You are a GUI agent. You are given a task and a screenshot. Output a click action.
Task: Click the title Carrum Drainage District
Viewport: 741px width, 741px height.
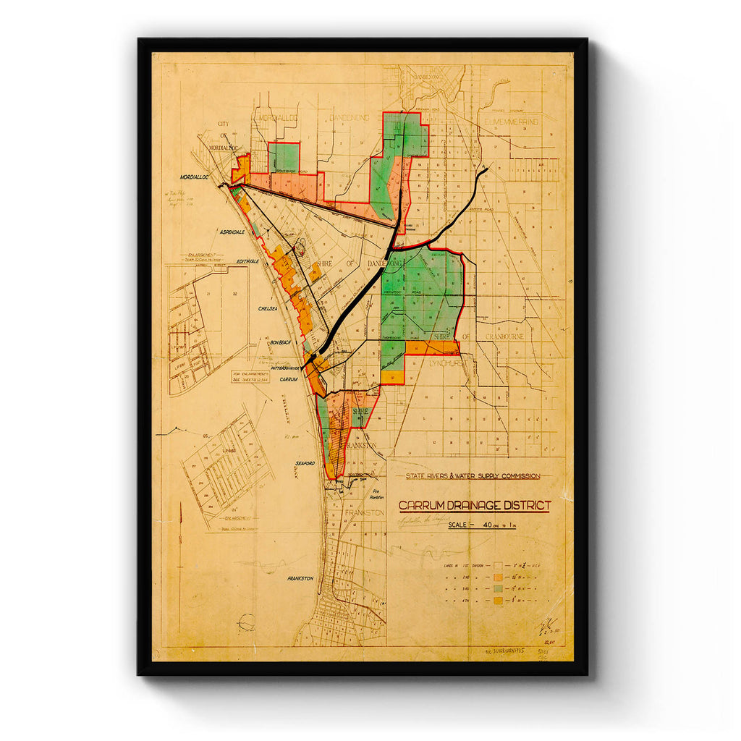(x=475, y=505)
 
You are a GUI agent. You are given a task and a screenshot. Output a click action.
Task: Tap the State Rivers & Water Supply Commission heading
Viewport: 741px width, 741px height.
(x=473, y=475)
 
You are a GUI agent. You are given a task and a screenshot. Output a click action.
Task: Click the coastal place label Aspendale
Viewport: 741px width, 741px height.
(x=232, y=232)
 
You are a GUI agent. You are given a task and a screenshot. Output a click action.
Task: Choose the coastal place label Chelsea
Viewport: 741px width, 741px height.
(x=268, y=308)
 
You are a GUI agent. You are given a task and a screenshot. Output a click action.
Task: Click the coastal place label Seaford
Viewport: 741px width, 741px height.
(x=303, y=464)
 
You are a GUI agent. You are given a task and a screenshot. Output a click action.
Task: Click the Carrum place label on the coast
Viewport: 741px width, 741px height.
(x=288, y=379)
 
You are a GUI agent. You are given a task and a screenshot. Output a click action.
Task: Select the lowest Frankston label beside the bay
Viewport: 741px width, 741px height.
(x=300, y=578)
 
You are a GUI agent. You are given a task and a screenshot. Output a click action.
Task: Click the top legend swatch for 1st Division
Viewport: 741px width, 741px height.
(x=499, y=563)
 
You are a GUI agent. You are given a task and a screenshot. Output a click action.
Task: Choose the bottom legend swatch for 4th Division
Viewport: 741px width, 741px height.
(x=499, y=601)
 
